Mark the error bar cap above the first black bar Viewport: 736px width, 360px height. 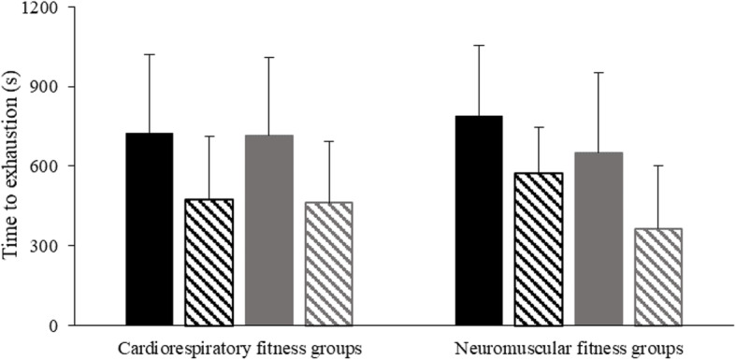(x=149, y=54)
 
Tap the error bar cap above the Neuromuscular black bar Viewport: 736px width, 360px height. (x=478, y=45)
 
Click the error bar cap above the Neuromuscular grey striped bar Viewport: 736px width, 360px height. (x=658, y=166)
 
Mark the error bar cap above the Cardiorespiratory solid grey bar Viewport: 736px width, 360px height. (x=270, y=57)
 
